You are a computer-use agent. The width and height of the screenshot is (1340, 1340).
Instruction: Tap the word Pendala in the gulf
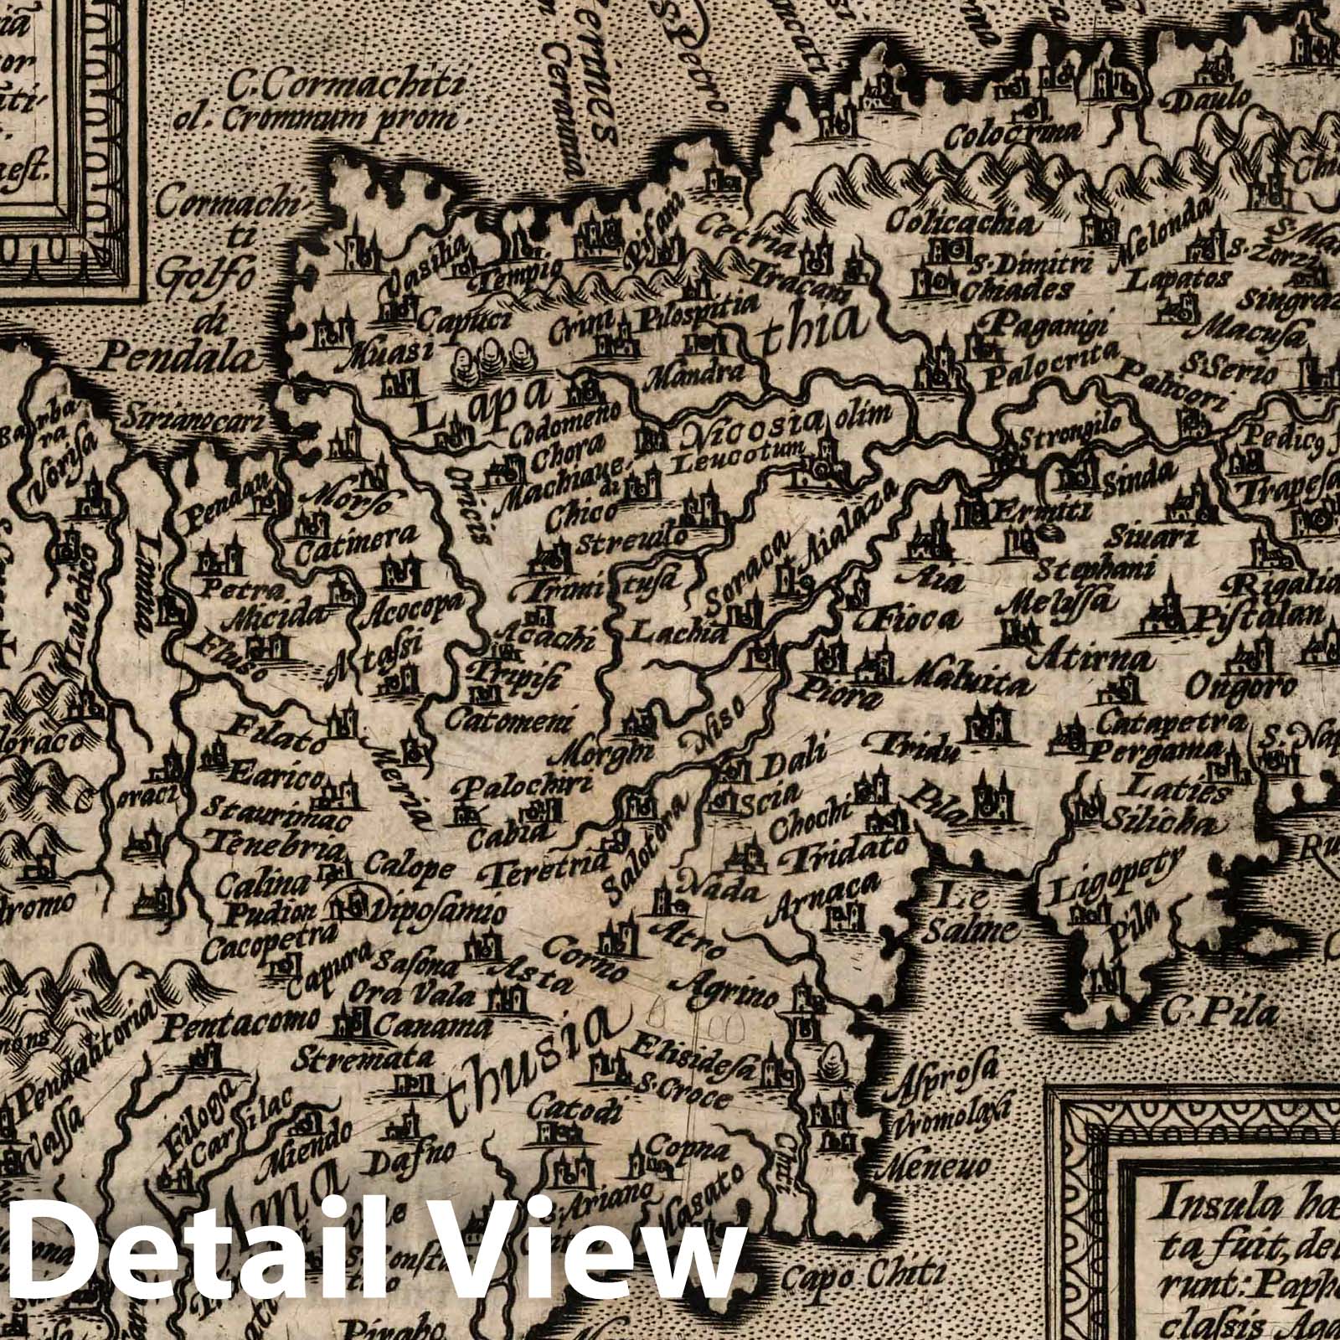(x=177, y=358)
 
